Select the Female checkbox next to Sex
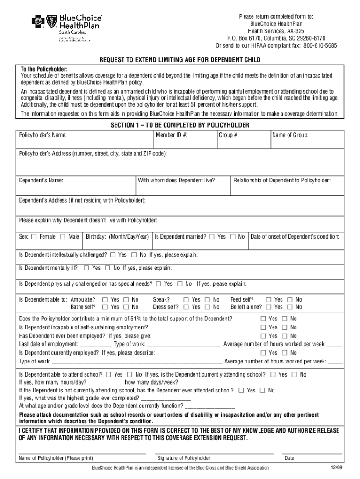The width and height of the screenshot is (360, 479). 34,237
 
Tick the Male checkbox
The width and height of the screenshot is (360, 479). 63,237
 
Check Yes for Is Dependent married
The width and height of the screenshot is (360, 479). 212,237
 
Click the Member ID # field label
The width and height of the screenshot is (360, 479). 172,135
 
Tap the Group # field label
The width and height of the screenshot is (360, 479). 229,135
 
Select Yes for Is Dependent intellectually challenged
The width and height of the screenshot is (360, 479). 113,255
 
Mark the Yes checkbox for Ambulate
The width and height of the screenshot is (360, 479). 104,300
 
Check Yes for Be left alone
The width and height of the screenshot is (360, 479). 269,307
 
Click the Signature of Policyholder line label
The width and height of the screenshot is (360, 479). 184,458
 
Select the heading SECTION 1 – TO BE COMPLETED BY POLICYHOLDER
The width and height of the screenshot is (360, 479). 180,125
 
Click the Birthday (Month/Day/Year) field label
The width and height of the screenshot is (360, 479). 117,237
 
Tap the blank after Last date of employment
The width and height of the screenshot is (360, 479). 96,345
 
